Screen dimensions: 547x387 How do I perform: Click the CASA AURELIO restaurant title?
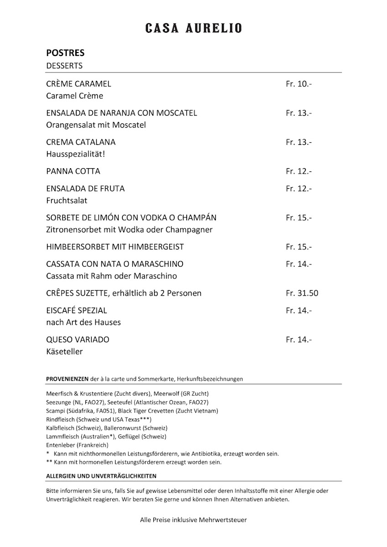click(x=193, y=29)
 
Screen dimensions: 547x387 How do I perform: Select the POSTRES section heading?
click(x=65, y=53)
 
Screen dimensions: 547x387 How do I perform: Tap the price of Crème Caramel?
click(x=299, y=84)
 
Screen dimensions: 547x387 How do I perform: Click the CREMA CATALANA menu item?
click(x=81, y=142)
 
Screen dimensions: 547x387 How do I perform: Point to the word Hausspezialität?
click(x=76, y=154)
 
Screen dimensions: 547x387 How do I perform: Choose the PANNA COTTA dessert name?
click(x=73, y=171)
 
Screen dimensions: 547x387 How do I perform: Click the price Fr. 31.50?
click(x=302, y=293)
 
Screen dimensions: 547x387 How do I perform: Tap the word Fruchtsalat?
click(x=67, y=201)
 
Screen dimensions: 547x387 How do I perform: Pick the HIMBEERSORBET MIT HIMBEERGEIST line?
click(x=115, y=247)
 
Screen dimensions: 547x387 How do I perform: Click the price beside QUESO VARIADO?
click(x=299, y=340)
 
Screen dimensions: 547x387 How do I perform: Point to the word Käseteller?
click(x=64, y=352)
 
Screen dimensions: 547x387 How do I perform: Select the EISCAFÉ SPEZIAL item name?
click(x=77, y=310)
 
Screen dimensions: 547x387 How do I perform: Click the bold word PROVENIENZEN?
click(x=67, y=379)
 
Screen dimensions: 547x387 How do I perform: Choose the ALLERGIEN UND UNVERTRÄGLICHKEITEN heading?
click(x=101, y=476)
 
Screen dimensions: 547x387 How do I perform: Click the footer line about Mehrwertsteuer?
click(x=193, y=520)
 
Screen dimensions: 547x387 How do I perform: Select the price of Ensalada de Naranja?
click(x=299, y=113)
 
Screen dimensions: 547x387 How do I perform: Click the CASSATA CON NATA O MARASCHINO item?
click(x=115, y=264)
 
